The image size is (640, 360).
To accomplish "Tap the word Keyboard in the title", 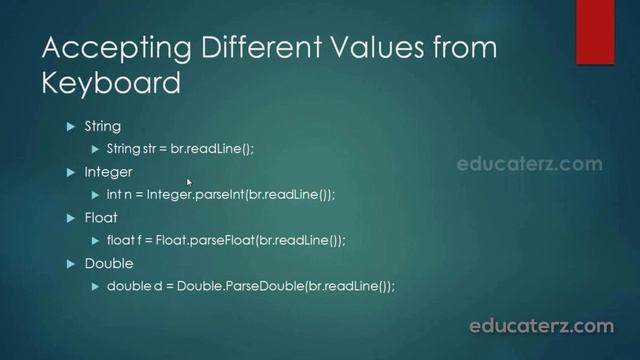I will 111,84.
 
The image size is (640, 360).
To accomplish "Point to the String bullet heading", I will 102,127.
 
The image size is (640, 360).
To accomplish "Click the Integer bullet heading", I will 107,172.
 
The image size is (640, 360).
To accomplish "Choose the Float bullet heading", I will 100,217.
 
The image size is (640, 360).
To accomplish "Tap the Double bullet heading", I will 107,263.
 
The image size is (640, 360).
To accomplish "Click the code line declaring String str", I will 180,149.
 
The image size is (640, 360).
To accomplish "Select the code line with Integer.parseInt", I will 220,195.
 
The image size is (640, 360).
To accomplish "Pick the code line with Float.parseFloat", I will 225,240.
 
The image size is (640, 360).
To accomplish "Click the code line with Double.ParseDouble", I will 250,286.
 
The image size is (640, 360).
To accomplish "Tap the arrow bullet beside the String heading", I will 71,127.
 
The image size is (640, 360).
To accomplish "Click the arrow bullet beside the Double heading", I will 71,263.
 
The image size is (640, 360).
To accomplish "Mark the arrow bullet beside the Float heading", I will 71,217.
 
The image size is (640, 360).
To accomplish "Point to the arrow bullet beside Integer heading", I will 71,172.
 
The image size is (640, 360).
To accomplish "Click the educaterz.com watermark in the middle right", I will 529,164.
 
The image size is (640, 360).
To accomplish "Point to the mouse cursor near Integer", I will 189,182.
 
